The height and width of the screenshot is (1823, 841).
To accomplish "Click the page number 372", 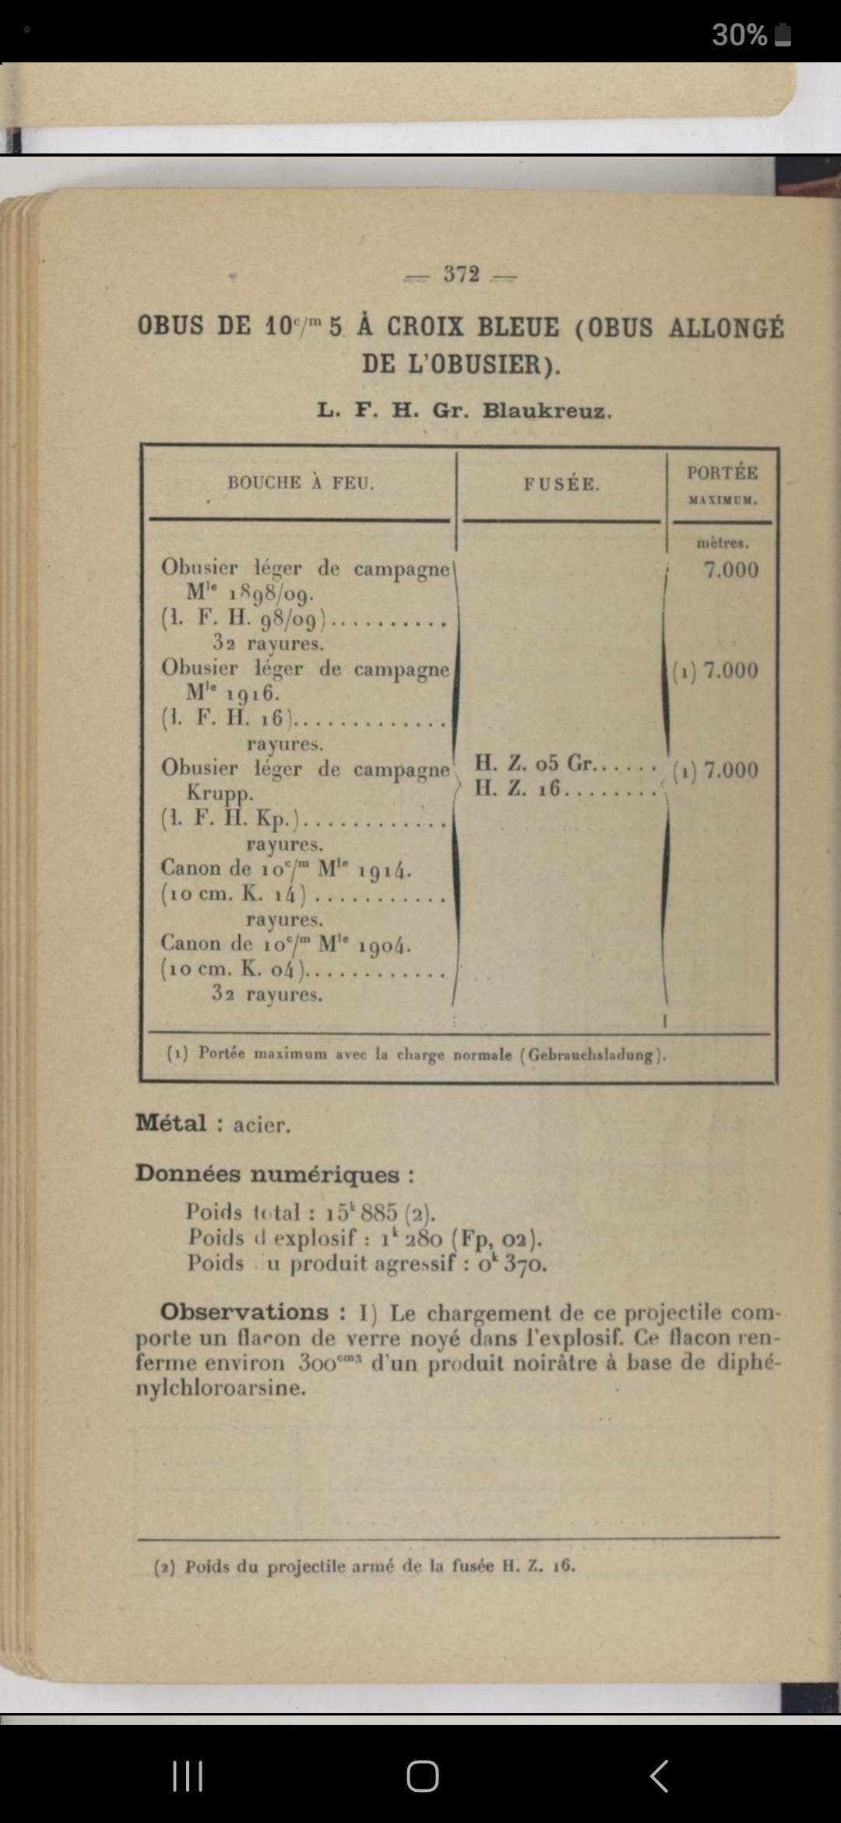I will pos(461,274).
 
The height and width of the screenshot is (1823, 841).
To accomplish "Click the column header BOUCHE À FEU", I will pos(301,483).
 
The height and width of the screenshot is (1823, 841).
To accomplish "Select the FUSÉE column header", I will pos(561,484).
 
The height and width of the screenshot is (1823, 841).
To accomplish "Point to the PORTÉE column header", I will pos(722,473).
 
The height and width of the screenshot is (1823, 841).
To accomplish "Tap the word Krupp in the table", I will pos(220,794).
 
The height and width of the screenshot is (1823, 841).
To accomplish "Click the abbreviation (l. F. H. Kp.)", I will pos(231,820).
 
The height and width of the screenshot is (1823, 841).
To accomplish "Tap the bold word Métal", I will pos(171,1123).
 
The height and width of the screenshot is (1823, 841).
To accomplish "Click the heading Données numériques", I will pos(274,1174).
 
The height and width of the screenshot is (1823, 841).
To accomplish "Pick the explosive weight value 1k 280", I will pos(412,1238).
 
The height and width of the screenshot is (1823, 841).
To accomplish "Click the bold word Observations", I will pos(244,1312).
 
